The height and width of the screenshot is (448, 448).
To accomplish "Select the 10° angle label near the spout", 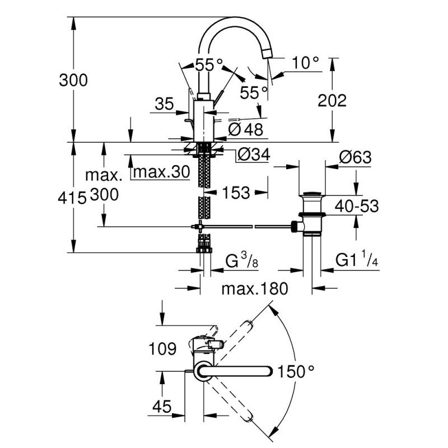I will click(305, 63).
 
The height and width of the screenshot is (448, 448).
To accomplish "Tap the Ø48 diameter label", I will click(246, 129).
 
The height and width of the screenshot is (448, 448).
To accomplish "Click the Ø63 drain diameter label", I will click(355, 158).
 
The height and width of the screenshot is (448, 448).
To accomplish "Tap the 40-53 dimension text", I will click(356, 206).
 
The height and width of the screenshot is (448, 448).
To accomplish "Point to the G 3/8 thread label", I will click(240, 261).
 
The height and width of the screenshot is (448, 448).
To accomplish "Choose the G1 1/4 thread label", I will click(356, 261).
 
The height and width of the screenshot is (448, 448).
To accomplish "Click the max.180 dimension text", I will click(254, 289).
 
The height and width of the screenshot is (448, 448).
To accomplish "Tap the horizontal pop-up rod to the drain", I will click(246, 226).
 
